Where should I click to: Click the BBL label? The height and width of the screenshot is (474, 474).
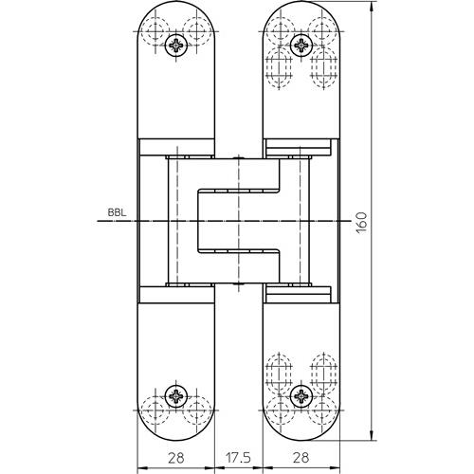117,212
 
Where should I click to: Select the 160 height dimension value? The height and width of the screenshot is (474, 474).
361,223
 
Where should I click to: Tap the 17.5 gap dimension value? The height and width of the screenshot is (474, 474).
238,457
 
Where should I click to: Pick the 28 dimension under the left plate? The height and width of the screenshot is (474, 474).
175,457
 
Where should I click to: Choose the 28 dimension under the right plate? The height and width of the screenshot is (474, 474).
301,457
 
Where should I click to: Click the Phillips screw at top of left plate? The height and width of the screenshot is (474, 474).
176,46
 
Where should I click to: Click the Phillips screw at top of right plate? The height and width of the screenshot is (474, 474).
301,46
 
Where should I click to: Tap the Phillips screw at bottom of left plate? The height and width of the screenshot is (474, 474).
176,395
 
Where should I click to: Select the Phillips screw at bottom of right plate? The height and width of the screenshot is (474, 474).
301,395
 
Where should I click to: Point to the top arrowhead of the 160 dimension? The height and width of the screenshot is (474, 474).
373,4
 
